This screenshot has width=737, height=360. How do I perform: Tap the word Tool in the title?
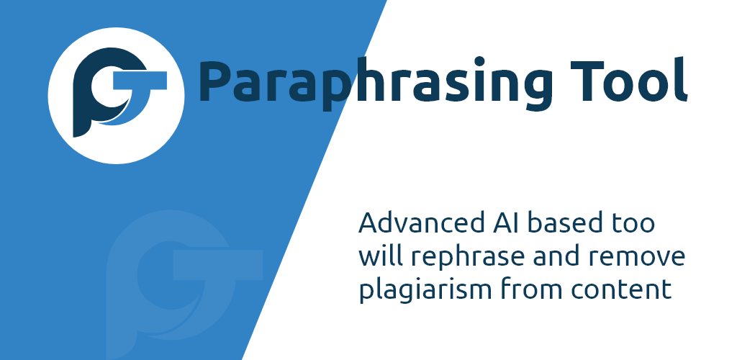[629, 81]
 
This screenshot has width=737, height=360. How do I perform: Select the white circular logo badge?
[116, 96]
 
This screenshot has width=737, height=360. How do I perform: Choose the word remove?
[638, 258]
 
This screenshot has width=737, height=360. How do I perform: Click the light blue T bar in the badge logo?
[139, 81]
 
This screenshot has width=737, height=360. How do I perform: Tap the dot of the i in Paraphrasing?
[479, 61]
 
